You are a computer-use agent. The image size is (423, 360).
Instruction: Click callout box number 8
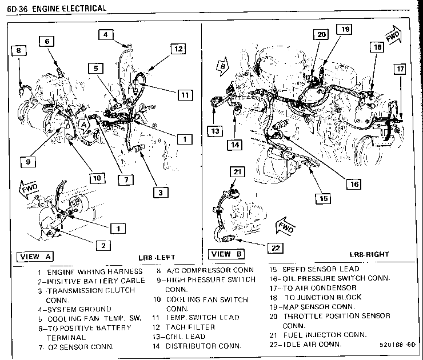(x=18, y=50)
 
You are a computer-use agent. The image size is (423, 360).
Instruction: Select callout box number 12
(x=178, y=49)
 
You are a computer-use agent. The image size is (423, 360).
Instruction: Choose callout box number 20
(x=321, y=34)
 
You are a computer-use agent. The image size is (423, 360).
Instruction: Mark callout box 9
(x=27, y=162)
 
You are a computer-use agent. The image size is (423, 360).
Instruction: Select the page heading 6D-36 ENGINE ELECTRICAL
(x=55, y=8)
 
